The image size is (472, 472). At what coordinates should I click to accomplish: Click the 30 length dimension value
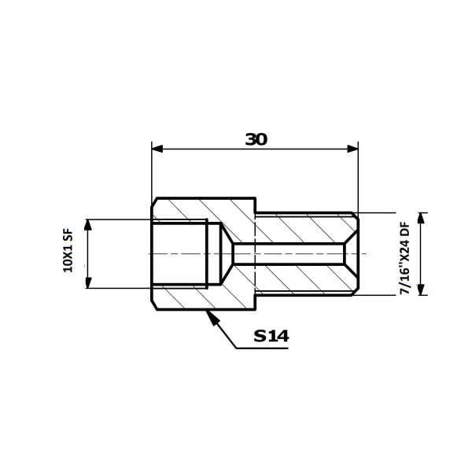[x=256, y=139]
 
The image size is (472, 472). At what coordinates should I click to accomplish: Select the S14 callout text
[x=271, y=336]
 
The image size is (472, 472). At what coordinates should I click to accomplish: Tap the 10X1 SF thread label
[x=68, y=250]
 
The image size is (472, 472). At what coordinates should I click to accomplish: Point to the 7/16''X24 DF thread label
[x=405, y=258]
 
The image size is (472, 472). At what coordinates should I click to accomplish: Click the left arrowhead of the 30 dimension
[x=157, y=149]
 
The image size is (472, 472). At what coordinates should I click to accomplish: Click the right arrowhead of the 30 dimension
[x=352, y=149]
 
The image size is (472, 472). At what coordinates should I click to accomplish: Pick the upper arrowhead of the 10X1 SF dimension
[x=88, y=225]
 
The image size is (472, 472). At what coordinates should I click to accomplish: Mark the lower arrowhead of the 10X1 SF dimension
[x=88, y=282]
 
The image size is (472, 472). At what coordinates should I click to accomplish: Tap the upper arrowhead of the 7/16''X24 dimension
[x=421, y=218]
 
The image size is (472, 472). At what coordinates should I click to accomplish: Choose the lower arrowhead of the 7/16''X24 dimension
[x=421, y=289]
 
